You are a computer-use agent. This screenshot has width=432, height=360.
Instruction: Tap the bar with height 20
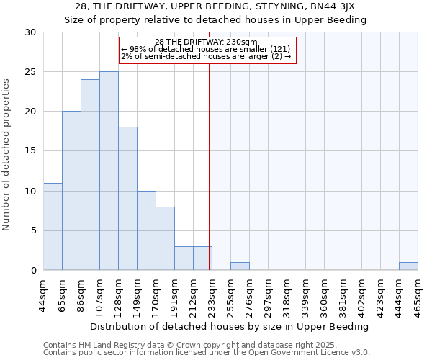[x=71, y=191]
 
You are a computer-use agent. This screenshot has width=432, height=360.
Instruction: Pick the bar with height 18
[x=127, y=199]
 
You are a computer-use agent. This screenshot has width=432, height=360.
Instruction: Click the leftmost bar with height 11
[x=53, y=226]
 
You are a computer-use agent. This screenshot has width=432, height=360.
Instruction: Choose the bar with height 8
[x=165, y=238]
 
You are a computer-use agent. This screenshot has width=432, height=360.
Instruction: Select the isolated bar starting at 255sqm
[x=240, y=266]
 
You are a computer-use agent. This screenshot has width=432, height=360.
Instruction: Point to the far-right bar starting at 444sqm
[x=408, y=266]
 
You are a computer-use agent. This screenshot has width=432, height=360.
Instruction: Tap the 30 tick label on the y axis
[x=30, y=32]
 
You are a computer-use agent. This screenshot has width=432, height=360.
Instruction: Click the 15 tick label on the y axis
[x=30, y=151]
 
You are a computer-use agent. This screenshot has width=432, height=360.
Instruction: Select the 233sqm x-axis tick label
[x=212, y=296]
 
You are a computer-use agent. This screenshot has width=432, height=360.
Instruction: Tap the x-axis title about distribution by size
[x=230, y=326]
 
